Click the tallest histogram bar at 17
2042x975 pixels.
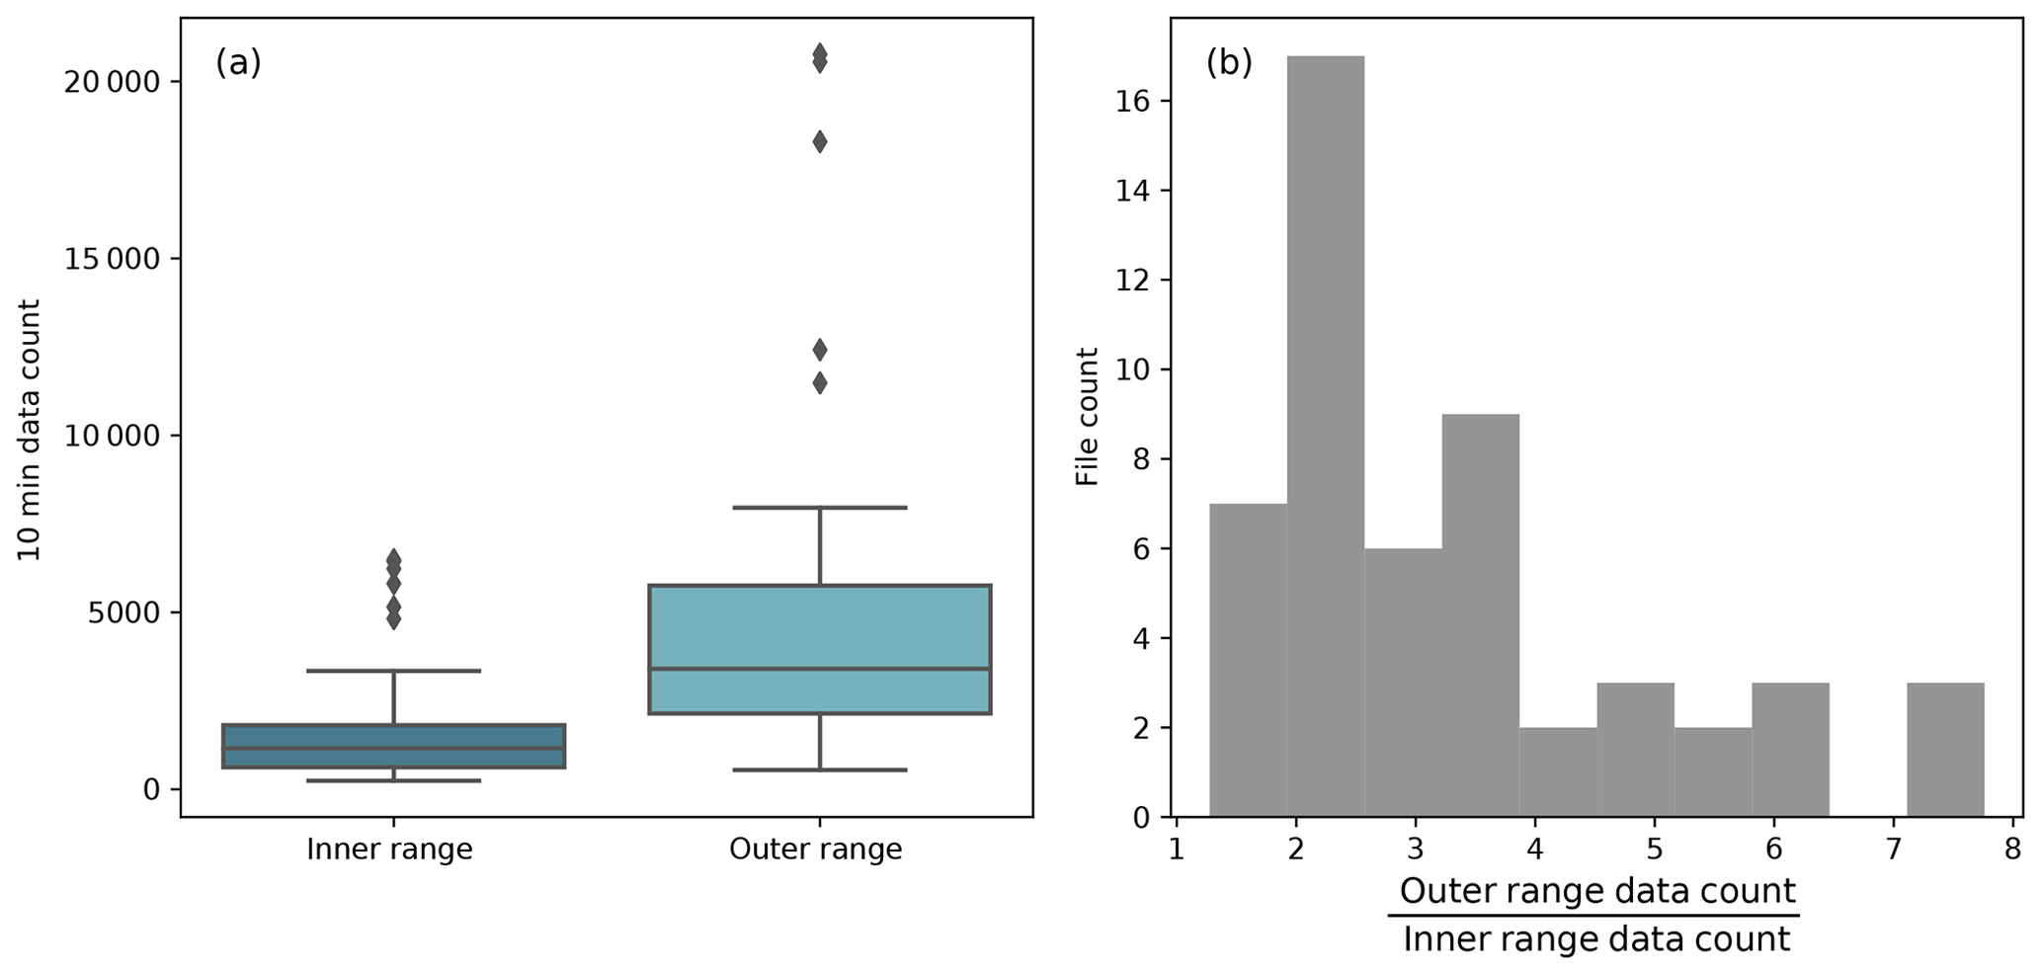point(1325,435)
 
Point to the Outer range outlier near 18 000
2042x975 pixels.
point(819,142)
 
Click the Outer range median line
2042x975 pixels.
point(819,669)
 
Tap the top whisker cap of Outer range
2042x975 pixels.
point(819,508)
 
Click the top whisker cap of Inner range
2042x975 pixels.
point(393,672)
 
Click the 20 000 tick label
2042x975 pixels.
point(112,82)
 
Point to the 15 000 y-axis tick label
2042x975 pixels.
point(112,260)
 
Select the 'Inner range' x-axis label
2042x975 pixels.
point(389,850)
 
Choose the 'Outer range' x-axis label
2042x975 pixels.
point(815,850)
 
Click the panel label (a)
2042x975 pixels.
point(238,63)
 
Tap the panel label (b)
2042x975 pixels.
point(1229,63)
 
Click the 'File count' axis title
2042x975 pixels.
point(1087,417)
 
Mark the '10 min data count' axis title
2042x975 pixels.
point(30,430)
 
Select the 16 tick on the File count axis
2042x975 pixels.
point(1130,102)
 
